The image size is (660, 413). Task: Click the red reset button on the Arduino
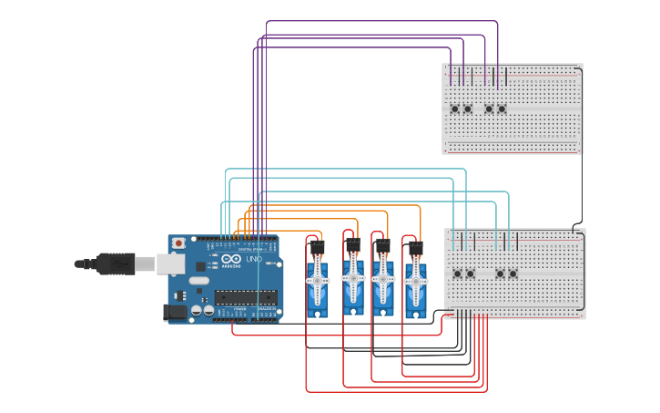pyautogui.click(x=178, y=243)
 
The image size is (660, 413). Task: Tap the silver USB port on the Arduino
pyautogui.click(x=172, y=264)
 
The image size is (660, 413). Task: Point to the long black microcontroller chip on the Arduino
pyautogui.click(x=245, y=297)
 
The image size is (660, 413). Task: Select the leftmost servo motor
pyautogui.click(x=317, y=283)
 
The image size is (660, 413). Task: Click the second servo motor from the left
pyautogui.click(x=352, y=283)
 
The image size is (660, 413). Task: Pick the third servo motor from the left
pyautogui.click(x=382, y=283)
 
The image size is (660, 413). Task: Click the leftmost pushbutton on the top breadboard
pyautogui.click(x=455, y=109)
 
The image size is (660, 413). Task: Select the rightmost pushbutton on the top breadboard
pyautogui.click(x=502, y=109)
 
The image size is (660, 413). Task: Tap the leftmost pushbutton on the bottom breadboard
pyautogui.click(x=458, y=274)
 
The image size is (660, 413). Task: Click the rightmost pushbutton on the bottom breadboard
pyautogui.click(x=513, y=274)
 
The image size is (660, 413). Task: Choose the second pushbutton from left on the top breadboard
pyautogui.click(x=468, y=109)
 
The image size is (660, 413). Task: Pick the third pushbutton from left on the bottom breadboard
pyautogui.click(x=501, y=274)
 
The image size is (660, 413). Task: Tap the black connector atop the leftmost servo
pyautogui.click(x=317, y=246)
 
